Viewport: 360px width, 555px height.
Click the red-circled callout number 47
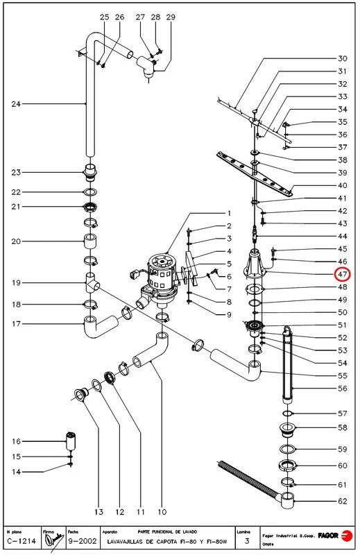(343, 274)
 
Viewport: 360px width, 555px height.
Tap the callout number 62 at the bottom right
(343, 500)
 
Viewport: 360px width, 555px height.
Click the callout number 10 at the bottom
(162, 512)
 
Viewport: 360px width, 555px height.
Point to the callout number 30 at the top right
(343, 58)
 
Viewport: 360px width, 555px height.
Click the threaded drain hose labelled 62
(250, 479)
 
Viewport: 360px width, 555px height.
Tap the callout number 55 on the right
(343, 375)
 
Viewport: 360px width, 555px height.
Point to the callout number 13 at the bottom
(99, 512)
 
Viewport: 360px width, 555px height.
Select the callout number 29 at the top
(171, 17)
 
